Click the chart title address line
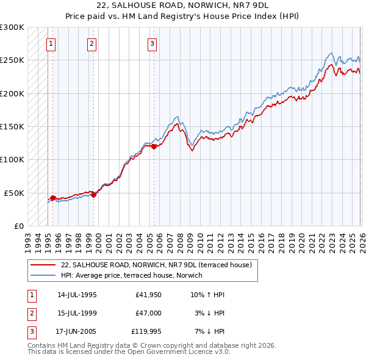(x=182, y=5)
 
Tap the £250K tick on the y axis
(x=12, y=60)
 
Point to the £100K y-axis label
(x=12, y=159)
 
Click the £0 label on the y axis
(x=18, y=226)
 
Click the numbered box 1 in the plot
(x=51, y=43)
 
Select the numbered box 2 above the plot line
(x=91, y=43)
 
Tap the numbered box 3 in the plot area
(x=152, y=43)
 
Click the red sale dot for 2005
(x=154, y=146)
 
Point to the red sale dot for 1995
(x=53, y=198)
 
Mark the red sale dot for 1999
(x=94, y=195)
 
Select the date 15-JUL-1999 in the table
(x=77, y=313)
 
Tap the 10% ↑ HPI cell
(x=207, y=295)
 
